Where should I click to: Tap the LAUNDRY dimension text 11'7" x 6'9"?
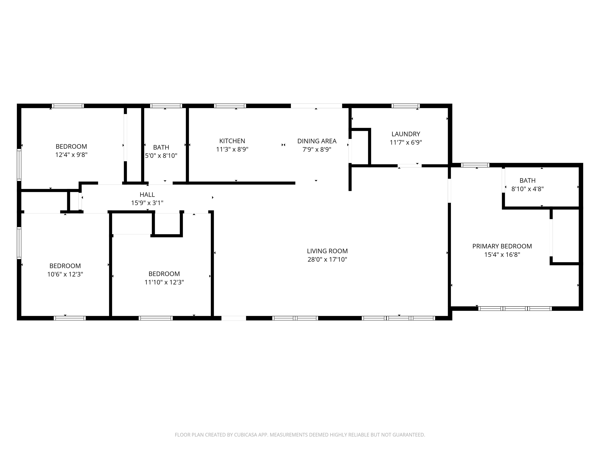(406, 142)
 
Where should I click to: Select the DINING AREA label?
(317, 141)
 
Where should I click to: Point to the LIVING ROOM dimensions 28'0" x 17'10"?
(327, 260)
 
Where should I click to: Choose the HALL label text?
(147, 195)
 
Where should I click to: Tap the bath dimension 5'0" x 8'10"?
(161, 156)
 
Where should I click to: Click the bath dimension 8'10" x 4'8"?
(527, 189)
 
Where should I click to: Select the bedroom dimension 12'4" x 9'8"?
(71, 155)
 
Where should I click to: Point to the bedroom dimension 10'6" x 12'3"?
(65, 274)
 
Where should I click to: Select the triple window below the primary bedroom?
(515, 308)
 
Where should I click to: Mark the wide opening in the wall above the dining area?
(316, 106)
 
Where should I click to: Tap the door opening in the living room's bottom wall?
(234, 318)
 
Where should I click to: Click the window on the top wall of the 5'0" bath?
(166, 106)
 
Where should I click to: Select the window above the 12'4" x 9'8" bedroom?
(68, 106)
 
